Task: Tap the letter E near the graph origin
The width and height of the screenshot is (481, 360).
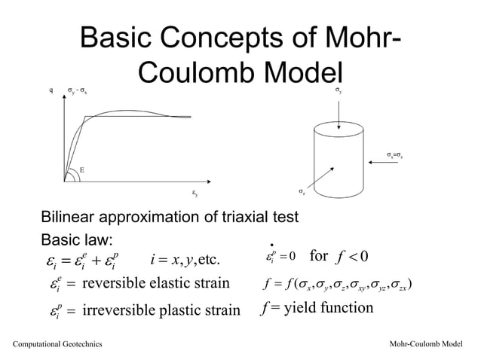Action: tap(81, 170)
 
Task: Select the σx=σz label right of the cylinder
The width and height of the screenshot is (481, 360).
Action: tap(397, 154)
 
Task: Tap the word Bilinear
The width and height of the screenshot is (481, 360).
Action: tap(65, 218)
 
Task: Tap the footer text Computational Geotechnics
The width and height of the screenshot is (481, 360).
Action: tap(54, 345)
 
